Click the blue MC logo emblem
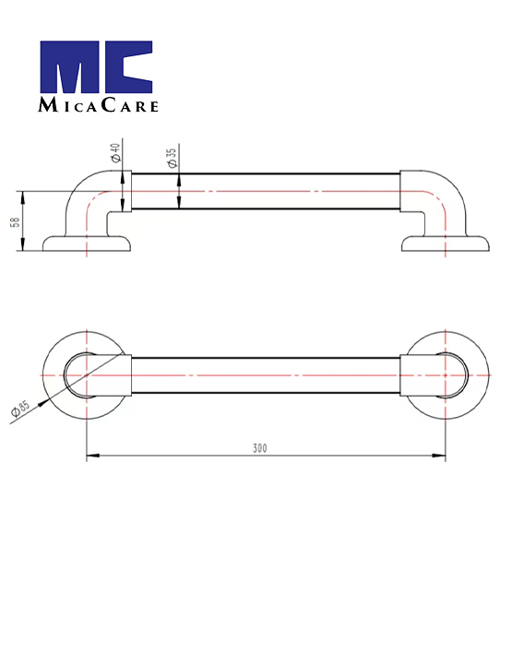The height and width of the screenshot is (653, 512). point(96,66)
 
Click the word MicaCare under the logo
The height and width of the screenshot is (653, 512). point(99,105)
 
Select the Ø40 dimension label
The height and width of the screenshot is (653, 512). point(115,152)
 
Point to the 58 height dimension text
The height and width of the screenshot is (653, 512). point(16,221)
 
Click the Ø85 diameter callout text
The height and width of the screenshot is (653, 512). point(21,408)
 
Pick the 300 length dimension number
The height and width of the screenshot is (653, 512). point(259,448)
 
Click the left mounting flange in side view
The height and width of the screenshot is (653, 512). point(87,244)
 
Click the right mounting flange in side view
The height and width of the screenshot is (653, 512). point(446,244)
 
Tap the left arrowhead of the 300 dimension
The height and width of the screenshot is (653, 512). point(93,456)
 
